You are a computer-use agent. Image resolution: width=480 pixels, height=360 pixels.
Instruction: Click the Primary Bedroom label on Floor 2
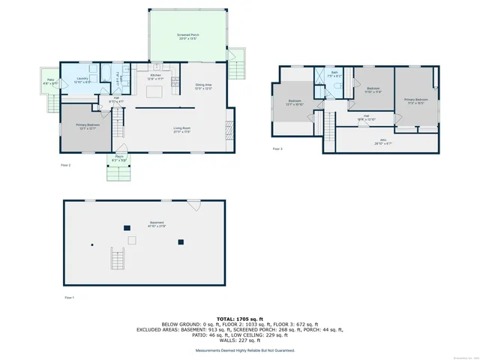click(86, 127)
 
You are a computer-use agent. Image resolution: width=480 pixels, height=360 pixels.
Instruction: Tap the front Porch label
click(119, 158)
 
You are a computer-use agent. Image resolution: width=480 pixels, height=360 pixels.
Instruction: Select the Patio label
click(50, 82)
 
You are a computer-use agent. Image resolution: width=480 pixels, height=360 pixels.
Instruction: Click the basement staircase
click(118, 260)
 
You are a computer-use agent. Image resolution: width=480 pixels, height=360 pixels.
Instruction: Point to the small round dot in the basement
click(92, 244)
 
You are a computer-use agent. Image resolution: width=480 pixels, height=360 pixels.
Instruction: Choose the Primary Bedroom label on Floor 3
click(416, 101)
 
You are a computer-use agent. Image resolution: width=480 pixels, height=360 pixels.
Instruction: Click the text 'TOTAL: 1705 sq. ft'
click(240, 318)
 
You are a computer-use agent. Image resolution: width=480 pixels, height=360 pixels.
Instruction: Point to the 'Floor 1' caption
click(68, 298)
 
